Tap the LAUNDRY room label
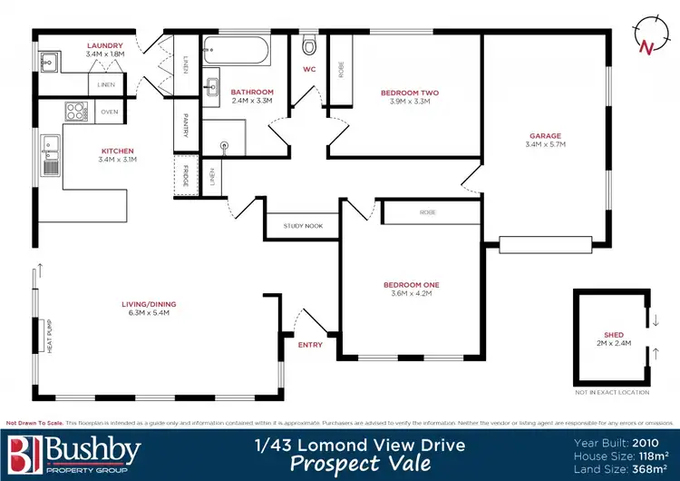click(104, 44)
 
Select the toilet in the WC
click(309, 45)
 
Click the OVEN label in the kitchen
click(110, 112)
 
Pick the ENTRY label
click(310, 345)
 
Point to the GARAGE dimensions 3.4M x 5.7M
click(545, 144)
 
